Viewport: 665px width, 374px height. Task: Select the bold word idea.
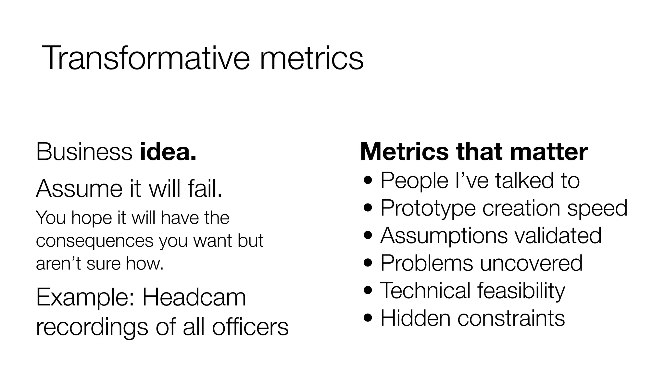point(168,152)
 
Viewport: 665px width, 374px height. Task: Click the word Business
point(84,152)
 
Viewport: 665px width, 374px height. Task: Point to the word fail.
point(205,188)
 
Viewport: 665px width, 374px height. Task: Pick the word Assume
point(80,188)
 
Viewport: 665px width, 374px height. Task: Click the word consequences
point(94,241)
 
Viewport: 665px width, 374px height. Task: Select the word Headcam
point(194,297)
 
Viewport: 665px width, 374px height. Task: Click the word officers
point(250,327)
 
